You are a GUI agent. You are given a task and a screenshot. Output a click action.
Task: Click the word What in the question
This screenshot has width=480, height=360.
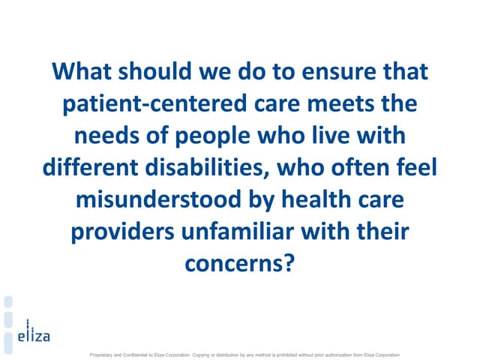coord(82,71)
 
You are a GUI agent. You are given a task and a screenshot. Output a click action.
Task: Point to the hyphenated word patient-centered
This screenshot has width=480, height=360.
coord(155,104)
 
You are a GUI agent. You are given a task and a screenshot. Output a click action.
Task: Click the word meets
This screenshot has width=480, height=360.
coord(340,103)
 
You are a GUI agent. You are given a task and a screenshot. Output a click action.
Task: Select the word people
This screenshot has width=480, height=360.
coord(213,136)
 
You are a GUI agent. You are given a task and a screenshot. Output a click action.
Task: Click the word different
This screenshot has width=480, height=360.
coord(90,167)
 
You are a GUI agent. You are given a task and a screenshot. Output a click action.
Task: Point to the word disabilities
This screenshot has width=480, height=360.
coord(207,168)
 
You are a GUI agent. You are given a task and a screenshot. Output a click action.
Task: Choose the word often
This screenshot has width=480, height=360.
coord(360,167)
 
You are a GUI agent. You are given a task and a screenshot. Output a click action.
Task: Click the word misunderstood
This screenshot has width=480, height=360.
coord(158,199)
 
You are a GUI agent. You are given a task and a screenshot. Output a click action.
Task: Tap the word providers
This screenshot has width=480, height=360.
coord(123,232)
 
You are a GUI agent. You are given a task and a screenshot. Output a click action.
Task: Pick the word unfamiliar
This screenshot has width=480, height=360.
coord(238,232)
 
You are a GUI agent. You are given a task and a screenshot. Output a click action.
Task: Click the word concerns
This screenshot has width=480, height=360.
coord(234,264)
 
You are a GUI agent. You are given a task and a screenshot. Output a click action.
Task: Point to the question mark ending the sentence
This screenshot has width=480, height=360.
coord(289,262)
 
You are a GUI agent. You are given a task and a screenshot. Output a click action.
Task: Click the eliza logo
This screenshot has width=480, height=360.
coord(34,331)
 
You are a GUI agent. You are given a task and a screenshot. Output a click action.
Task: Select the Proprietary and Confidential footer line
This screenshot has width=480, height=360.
coord(245,355)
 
